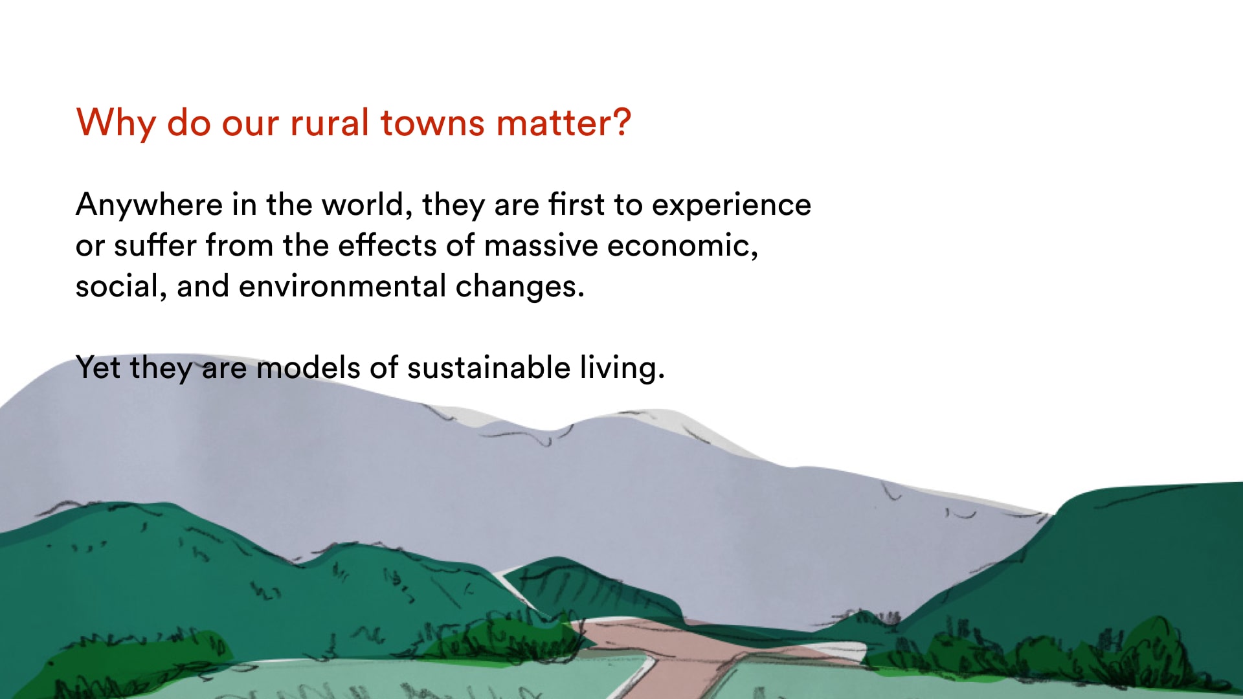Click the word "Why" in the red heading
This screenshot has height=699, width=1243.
(115, 123)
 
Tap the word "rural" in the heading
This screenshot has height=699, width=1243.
(329, 122)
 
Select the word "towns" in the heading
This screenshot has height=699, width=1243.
(432, 123)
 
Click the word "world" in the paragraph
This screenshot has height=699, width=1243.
(363, 205)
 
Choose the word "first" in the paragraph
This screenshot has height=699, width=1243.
(576, 204)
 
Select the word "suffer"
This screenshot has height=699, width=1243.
(155, 245)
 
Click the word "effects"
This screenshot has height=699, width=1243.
(387, 245)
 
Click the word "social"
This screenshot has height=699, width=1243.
(117, 286)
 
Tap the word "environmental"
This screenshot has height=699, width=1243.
(342, 286)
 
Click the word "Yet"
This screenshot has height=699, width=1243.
(98, 368)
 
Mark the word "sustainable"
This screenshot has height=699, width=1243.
(489, 368)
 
